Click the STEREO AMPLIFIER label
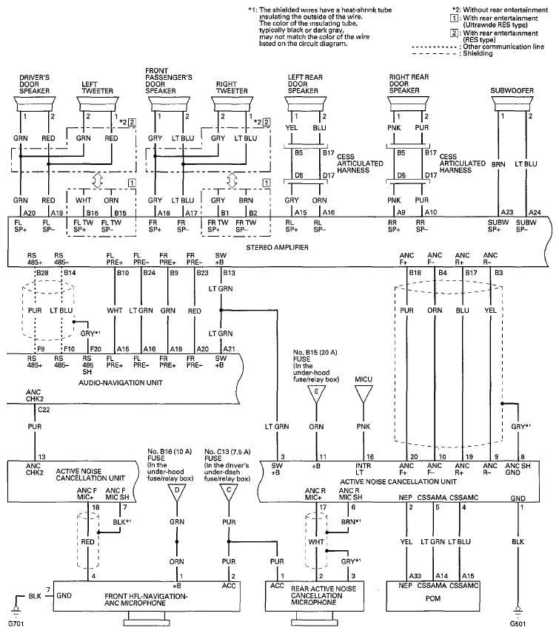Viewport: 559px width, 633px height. click(x=277, y=248)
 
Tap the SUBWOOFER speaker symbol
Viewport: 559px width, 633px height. click(x=512, y=104)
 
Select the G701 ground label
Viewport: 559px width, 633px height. click(x=16, y=623)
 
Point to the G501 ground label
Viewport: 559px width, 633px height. click(x=518, y=623)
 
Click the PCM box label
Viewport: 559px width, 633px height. click(x=433, y=598)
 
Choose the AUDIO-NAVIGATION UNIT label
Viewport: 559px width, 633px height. click(x=121, y=383)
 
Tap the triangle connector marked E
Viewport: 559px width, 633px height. click(x=316, y=394)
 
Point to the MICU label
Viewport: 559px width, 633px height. click(x=364, y=379)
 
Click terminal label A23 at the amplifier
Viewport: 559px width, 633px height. click(x=507, y=212)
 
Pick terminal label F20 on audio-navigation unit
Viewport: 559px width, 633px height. click(x=96, y=349)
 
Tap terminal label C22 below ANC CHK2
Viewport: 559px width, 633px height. click(x=44, y=410)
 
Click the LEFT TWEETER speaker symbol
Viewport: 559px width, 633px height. click(x=98, y=104)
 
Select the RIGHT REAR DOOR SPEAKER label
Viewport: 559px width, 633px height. click(x=409, y=84)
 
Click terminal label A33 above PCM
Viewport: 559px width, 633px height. click(x=415, y=576)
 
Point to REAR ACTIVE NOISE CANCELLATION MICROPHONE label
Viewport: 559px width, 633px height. click(x=324, y=595)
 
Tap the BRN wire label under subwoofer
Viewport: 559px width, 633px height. click(x=498, y=164)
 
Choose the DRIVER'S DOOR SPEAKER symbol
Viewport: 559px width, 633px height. click(x=35, y=104)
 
